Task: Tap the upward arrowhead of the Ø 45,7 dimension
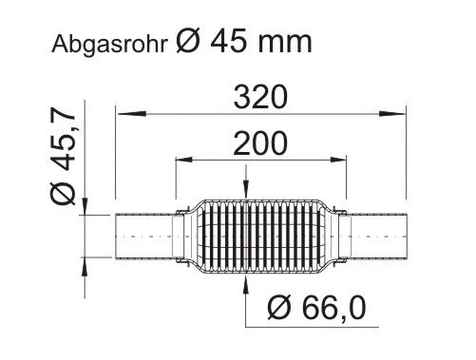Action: (86, 262)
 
